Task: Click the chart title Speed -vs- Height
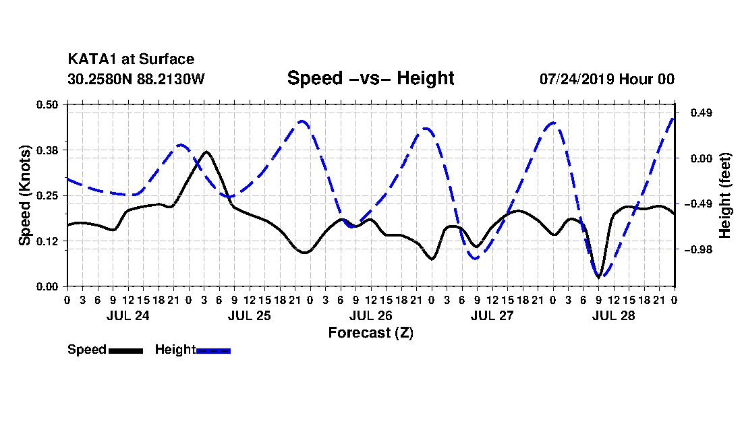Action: (370, 78)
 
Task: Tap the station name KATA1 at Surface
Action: (131, 59)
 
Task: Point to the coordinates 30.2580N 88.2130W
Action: (136, 79)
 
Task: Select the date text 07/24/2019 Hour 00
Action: (607, 79)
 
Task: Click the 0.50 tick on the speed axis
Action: (47, 104)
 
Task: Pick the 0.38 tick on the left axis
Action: (47, 150)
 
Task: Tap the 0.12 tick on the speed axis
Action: (47, 241)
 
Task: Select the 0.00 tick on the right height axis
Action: (702, 158)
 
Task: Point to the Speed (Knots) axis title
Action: (24, 195)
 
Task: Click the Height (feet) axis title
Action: (724, 195)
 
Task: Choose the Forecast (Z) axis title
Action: (370, 333)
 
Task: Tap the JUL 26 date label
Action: (370, 315)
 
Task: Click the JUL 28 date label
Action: (613, 315)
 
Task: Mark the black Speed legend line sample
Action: (126, 350)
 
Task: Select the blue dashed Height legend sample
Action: (213, 350)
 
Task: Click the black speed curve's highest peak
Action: (206, 152)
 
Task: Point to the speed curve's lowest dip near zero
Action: (598, 278)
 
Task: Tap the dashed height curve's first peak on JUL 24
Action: (180, 145)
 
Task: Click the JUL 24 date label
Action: (127, 315)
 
